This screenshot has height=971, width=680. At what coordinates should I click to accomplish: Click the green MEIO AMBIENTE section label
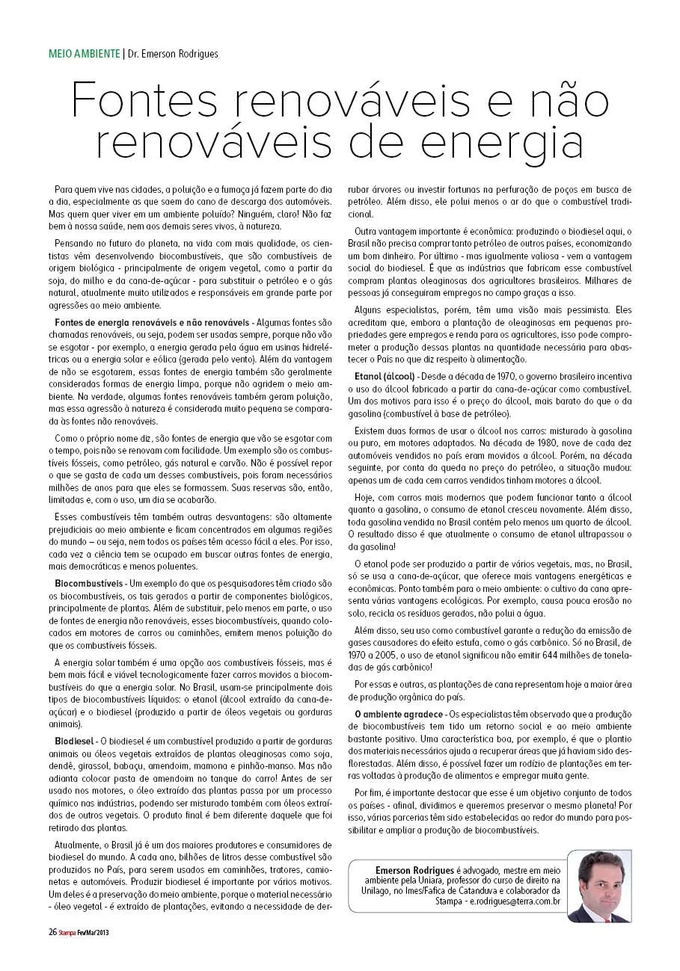click(84, 54)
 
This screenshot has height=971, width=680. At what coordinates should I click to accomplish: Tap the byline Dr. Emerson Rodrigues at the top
click(174, 54)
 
